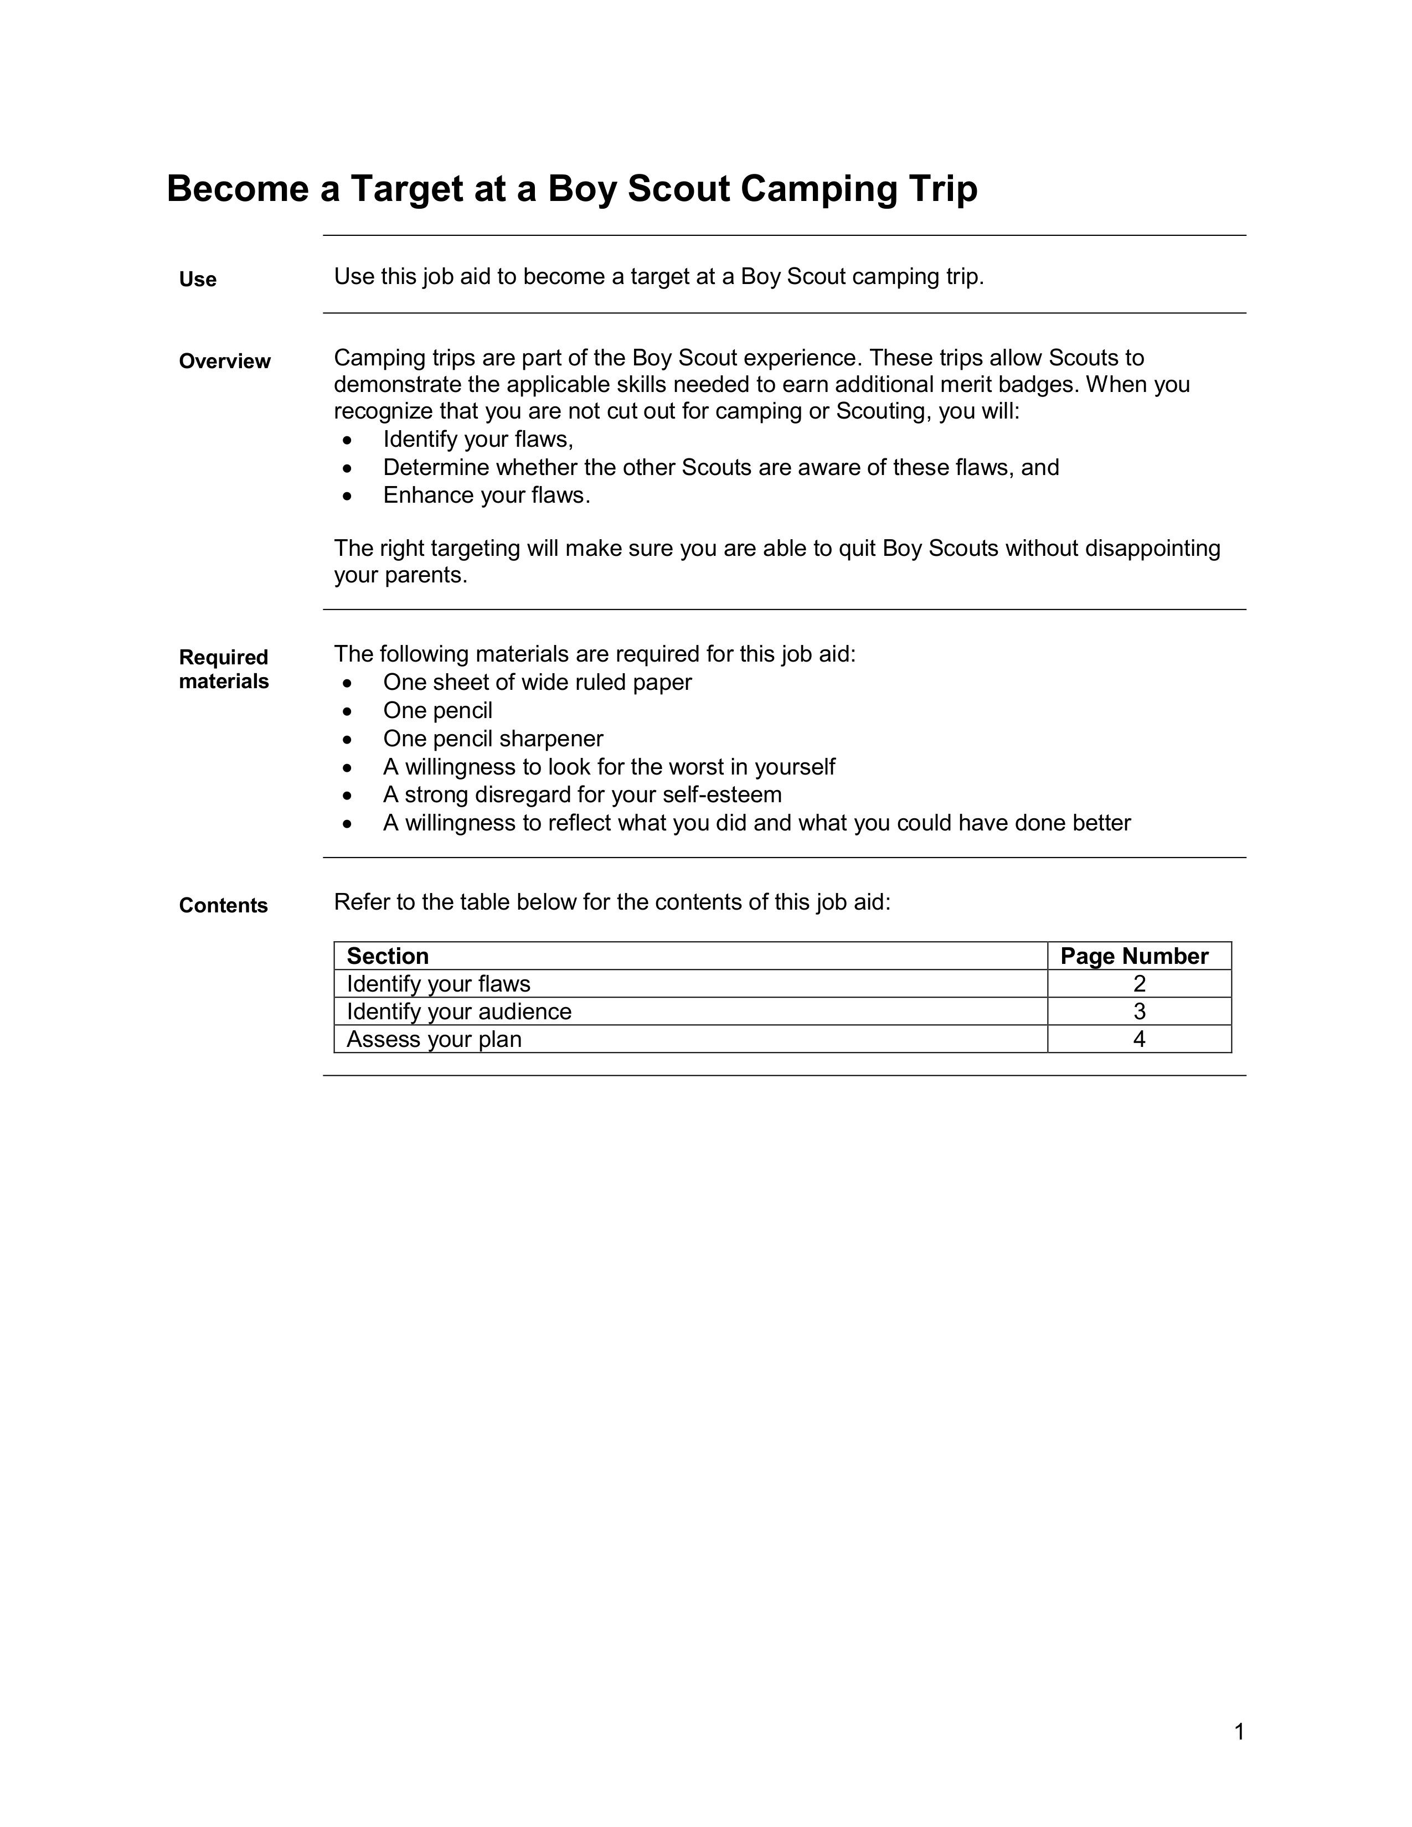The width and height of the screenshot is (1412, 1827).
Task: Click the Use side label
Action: click(x=198, y=280)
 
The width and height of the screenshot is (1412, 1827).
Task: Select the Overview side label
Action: click(x=224, y=362)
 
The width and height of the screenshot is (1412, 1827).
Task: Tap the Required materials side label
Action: click(x=223, y=669)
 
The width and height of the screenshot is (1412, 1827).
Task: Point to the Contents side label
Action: click(x=223, y=905)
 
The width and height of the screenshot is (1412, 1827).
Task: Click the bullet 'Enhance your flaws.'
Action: click(x=487, y=496)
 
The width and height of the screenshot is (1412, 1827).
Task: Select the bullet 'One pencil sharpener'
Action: click(x=493, y=739)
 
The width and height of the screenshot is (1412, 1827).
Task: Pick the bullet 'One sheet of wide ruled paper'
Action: click(x=537, y=683)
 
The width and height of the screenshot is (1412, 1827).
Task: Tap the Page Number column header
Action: click(x=1134, y=956)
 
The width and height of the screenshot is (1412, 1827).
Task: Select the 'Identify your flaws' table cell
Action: click(x=439, y=984)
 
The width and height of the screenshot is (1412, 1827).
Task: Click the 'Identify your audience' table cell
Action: click(x=458, y=1011)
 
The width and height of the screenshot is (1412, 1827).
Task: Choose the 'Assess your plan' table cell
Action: click(x=434, y=1039)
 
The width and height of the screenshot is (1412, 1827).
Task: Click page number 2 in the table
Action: click(x=1140, y=984)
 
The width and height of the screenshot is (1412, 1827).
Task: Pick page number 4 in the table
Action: click(x=1140, y=1039)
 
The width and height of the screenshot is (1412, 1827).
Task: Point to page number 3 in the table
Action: click(x=1140, y=1011)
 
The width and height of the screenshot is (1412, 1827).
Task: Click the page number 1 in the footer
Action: click(x=1239, y=1732)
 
